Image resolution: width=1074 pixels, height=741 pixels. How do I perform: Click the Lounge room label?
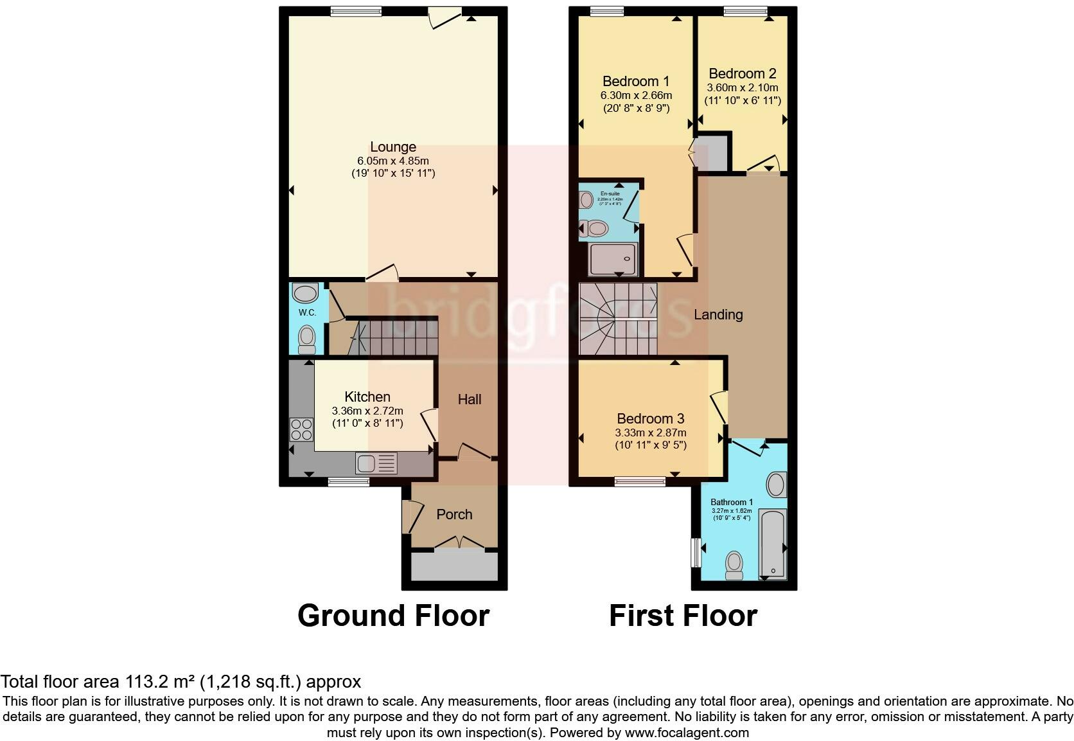[x=392, y=147]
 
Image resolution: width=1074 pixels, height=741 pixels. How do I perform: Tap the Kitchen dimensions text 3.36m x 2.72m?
[x=367, y=411]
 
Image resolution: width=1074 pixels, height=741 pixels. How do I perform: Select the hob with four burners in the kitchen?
[x=301, y=429]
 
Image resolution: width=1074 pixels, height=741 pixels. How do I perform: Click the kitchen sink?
[x=376, y=463]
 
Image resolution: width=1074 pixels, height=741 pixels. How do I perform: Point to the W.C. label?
[x=306, y=312]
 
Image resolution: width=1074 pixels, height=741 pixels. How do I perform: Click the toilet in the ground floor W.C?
[x=307, y=338]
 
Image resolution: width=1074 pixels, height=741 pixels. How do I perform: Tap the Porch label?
[x=454, y=514]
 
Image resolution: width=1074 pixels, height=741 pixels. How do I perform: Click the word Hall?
[x=469, y=399]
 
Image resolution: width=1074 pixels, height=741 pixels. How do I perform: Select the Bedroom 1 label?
[x=635, y=81]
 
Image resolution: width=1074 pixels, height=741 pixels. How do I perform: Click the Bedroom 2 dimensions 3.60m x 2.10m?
[x=742, y=87]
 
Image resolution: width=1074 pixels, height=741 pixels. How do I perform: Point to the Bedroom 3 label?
[x=650, y=418]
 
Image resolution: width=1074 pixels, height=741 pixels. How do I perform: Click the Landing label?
[x=717, y=314]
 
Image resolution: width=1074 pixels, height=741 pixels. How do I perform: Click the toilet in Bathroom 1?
[x=733, y=566]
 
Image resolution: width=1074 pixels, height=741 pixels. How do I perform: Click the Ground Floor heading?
[x=393, y=615]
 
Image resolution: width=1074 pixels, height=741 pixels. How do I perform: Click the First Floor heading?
[x=683, y=615]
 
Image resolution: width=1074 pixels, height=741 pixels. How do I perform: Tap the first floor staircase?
[x=617, y=319]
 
